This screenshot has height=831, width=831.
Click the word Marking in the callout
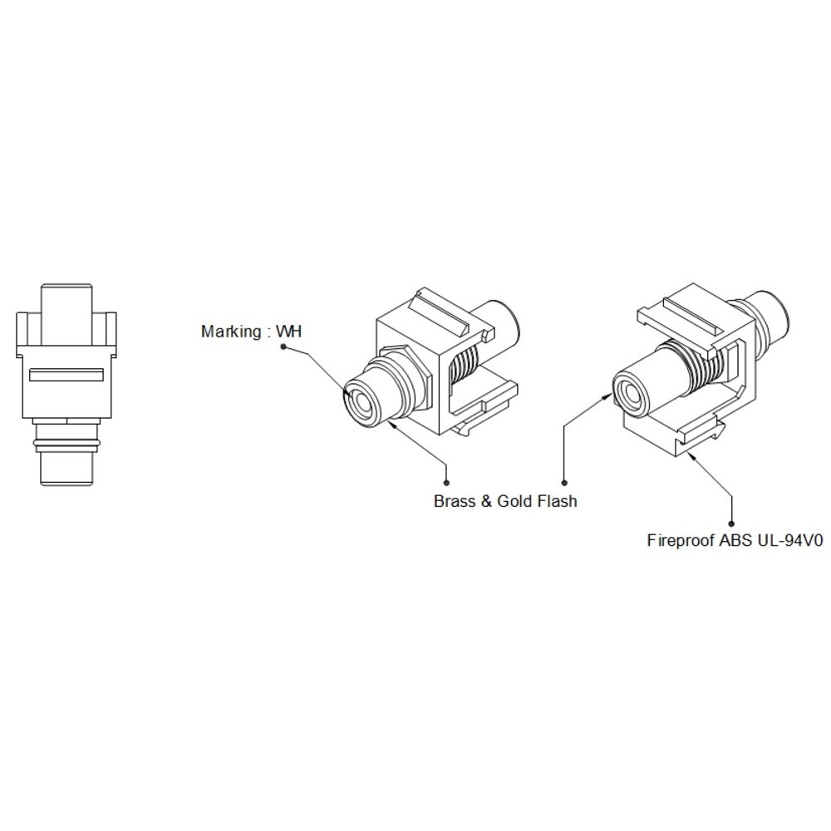[231, 332]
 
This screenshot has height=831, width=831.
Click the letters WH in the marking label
[289, 332]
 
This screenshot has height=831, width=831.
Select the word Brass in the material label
[455, 501]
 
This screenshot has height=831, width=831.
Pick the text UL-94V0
[790, 541]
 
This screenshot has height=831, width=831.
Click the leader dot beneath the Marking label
[283, 347]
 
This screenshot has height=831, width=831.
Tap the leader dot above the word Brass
[447, 482]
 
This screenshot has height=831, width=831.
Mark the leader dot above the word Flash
[564, 482]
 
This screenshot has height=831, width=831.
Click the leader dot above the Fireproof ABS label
[732, 524]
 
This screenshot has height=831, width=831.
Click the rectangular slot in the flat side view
[66, 375]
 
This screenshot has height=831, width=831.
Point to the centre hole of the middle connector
[362, 402]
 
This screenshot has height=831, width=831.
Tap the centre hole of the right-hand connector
[632, 393]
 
